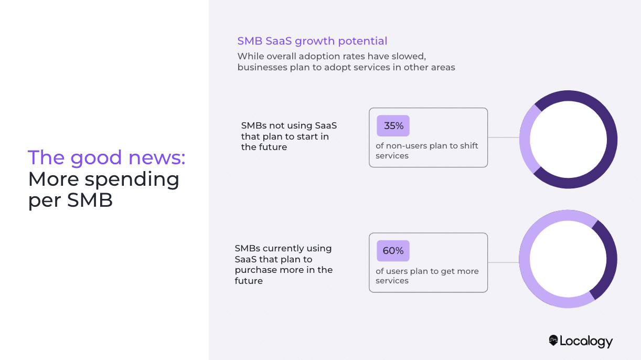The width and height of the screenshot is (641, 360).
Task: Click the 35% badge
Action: [x=393, y=126]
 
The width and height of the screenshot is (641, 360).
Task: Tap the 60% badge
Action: [x=393, y=251]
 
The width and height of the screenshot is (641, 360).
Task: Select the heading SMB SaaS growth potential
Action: [x=312, y=41]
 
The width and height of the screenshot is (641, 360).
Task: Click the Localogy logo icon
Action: [x=553, y=341]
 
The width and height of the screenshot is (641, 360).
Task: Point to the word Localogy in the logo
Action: [x=586, y=342]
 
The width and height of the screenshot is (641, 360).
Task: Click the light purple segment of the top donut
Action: [x=525, y=139]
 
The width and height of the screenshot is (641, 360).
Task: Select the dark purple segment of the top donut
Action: [x=612, y=139]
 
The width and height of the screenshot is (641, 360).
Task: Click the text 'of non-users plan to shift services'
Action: [x=427, y=151]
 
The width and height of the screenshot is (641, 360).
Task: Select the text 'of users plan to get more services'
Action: [x=427, y=276]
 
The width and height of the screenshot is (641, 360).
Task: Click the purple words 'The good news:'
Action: [x=106, y=157]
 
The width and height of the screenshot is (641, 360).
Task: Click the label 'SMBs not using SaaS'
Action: [x=289, y=126]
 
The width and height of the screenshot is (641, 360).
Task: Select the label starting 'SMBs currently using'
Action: [x=283, y=248]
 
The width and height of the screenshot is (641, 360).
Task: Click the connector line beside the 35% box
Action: [x=504, y=138]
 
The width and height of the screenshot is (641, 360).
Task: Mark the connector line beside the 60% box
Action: [x=504, y=262]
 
